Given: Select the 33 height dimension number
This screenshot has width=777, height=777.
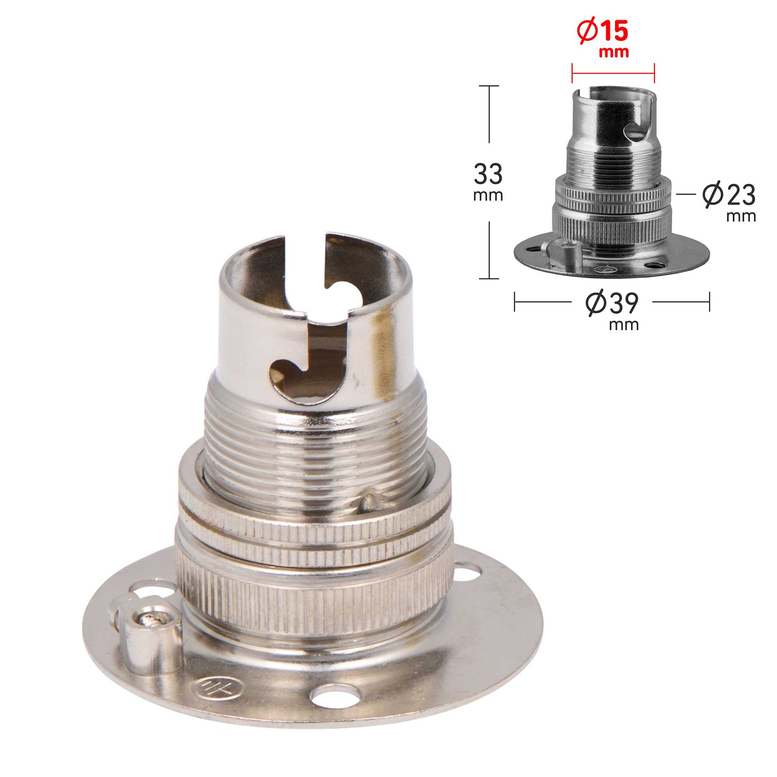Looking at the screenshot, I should pyautogui.click(x=488, y=175).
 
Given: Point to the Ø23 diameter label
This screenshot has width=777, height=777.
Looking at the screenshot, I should pyautogui.click(x=728, y=196).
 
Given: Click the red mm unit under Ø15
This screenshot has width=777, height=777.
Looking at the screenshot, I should pyautogui.click(x=614, y=52).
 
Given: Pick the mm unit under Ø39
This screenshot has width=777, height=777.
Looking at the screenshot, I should pyautogui.click(x=624, y=325).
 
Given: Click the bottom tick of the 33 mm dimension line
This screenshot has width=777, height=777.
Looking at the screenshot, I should pyautogui.click(x=489, y=278).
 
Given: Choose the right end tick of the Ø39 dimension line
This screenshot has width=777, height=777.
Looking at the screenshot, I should pyautogui.click(x=709, y=302).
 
